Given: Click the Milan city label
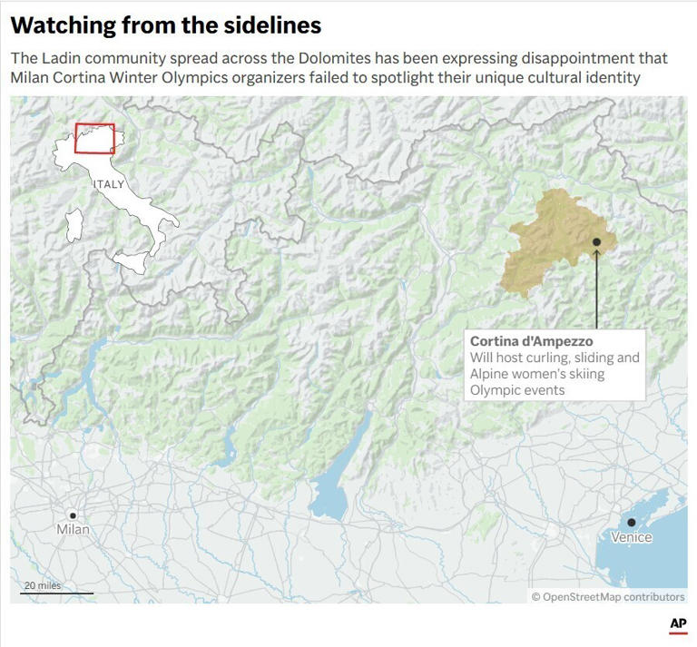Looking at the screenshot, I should (73, 529).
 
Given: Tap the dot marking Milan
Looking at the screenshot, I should (73, 515).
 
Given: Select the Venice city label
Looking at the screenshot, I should (631, 537).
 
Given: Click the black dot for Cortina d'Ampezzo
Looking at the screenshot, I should (596, 241).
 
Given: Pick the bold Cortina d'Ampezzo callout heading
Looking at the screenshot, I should (531, 341).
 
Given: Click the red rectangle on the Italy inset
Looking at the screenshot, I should (94, 138).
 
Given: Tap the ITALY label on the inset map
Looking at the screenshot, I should (108, 184).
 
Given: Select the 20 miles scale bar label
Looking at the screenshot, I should (43, 585).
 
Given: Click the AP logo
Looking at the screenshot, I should (677, 624).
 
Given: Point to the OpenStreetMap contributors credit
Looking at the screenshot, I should (608, 596).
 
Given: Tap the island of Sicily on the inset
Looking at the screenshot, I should (131, 264).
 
